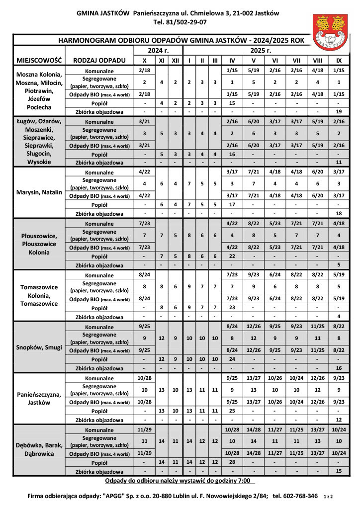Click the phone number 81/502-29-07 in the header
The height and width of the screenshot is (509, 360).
pyautogui.click(x=187, y=22)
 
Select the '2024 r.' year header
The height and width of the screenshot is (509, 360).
pyautogui.click(x=159, y=51)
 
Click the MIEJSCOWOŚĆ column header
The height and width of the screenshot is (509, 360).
pyautogui.click(x=39, y=60)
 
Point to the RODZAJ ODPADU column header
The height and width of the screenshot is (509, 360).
pyautogui.click(x=99, y=60)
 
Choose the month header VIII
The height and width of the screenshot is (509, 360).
pyautogui.click(x=318, y=60)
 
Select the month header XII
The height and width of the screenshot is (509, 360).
pyautogui.click(x=175, y=60)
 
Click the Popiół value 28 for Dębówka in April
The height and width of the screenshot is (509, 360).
pyautogui.click(x=232, y=462)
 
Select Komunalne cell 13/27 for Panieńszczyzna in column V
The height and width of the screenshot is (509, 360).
pyautogui.click(x=254, y=378)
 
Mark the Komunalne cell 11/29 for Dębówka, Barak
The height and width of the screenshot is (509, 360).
pyautogui.click(x=144, y=429)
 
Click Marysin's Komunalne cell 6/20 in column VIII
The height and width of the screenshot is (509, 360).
pyautogui.click(x=318, y=172)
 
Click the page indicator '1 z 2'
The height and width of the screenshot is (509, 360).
pyautogui.click(x=329, y=496)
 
